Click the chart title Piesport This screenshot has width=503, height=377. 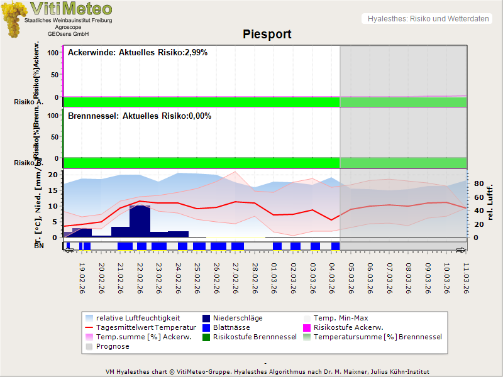tap(267, 34)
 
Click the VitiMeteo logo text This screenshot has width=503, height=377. tap(71, 9)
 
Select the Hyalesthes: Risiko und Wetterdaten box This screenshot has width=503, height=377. tap(427, 19)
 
